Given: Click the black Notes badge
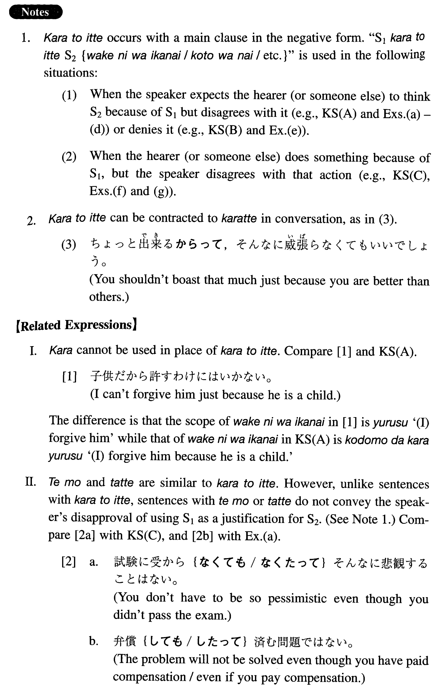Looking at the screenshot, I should [35, 12].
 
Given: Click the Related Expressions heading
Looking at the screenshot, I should [77, 325].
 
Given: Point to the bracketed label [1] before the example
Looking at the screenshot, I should [70, 377].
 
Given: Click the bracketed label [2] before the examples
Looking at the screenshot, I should [69, 562].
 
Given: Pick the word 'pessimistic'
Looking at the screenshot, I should [297, 598].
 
